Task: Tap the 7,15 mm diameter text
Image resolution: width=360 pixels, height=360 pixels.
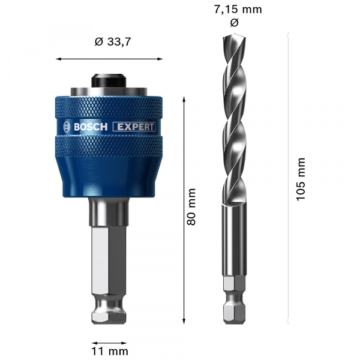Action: [238, 10]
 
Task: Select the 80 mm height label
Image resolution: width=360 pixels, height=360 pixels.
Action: [192, 206]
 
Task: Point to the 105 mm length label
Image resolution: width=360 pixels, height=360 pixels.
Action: [302, 179]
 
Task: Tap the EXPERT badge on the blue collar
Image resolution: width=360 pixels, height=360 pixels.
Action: [134, 127]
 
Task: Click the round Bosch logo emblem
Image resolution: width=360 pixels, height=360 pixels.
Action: [65, 127]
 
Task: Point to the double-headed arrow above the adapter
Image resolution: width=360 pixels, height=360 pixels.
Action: [109, 59]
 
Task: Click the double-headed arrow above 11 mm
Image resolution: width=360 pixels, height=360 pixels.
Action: [109, 334]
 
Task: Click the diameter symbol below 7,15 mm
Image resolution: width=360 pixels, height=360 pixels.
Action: [234, 23]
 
